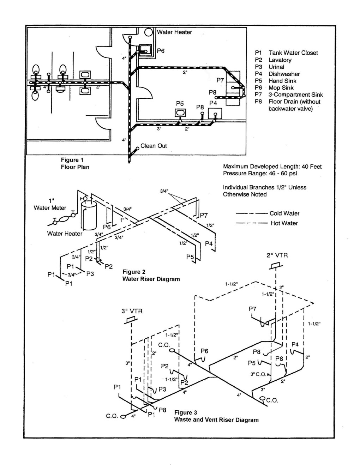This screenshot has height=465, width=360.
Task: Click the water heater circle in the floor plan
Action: tap(148, 32)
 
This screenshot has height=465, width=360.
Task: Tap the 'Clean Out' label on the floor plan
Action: tap(154, 146)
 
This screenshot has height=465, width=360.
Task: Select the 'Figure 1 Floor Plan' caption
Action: tap(75, 163)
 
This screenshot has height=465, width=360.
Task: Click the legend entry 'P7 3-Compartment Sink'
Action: tap(289, 95)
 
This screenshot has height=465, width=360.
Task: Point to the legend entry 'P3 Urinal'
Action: tap(269, 67)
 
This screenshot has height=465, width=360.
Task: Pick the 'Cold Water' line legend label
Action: tap(284, 213)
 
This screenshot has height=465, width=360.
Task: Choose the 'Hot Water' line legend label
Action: tap(284, 223)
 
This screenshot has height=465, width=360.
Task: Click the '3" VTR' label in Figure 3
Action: tap(132, 311)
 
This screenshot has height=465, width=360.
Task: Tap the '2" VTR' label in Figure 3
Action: tap(277, 255)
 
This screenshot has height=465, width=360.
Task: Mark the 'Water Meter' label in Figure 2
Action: tap(50, 207)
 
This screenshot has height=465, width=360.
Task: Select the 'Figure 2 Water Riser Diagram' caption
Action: tap(151, 276)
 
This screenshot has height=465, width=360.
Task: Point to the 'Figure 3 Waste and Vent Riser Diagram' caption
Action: tap(216, 416)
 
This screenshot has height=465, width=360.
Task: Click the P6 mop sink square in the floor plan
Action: tap(145, 52)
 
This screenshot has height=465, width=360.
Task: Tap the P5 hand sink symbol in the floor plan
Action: tap(180, 113)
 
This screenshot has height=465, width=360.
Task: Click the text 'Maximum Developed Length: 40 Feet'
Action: tap(272, 166)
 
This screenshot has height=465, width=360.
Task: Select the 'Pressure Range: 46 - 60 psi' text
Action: tap(260, 173)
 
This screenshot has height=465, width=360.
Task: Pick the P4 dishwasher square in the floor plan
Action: tap(215, 113)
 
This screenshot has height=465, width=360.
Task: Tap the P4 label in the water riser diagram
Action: tap(209, 243)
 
